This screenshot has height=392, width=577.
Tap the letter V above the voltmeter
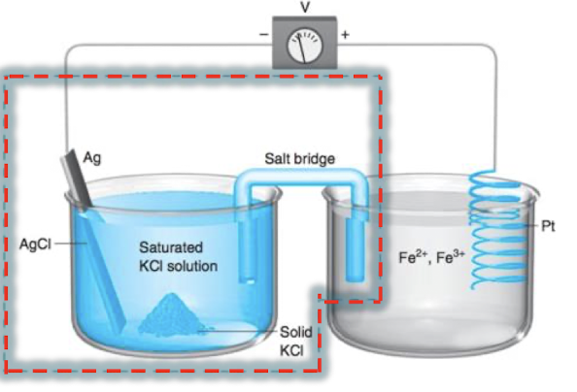pos(305,7)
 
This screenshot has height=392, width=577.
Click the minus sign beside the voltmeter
pos(262,34)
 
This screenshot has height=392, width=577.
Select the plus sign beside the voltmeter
pos(344,34)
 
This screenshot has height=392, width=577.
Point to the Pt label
pos(550,225)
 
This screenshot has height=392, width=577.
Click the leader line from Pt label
pos(529,225)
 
